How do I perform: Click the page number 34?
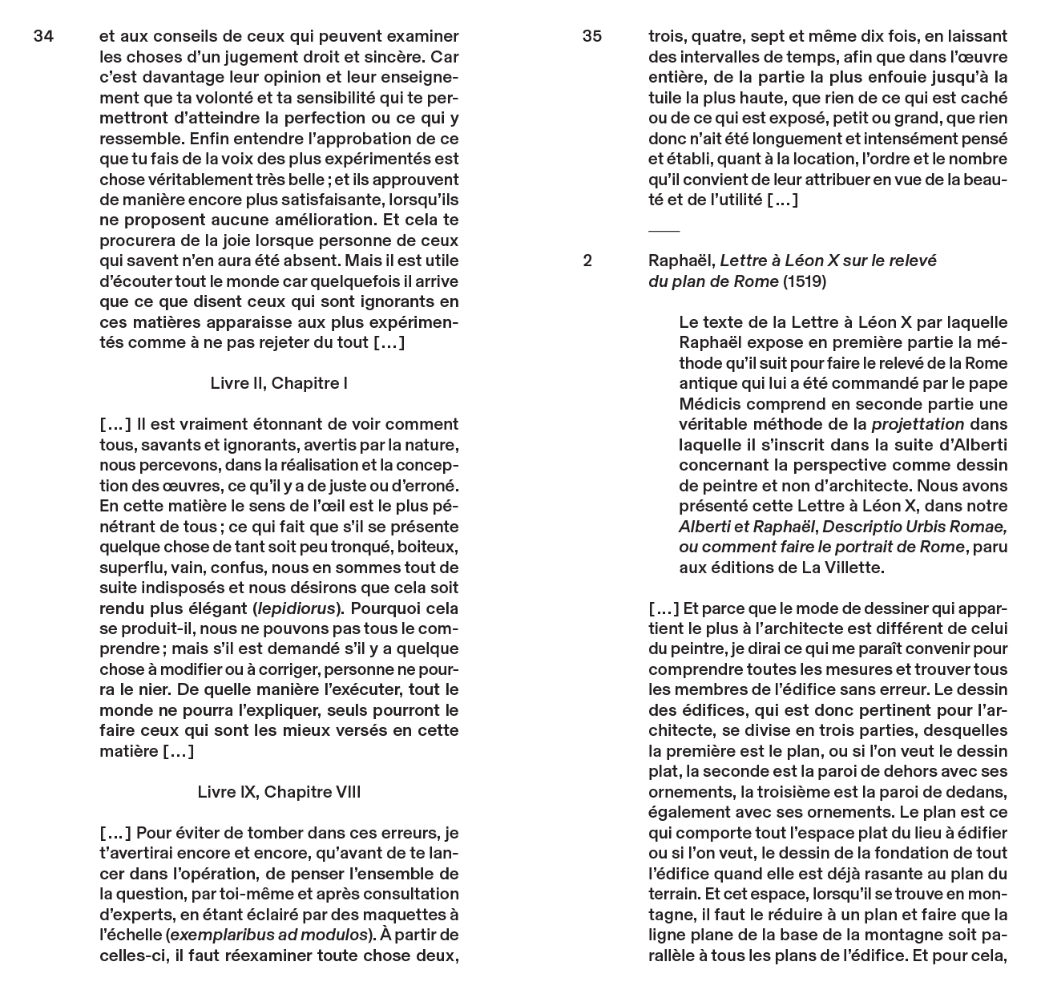pyautogui.click(x=43, y=36)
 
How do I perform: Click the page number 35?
pyautogui.click(x=592, y=36)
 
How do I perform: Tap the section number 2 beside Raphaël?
pyautogui.click(x=587, y=261)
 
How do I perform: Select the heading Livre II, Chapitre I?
pyautogui.click(x=279, y=383)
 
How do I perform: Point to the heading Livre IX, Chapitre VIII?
pyautogui.click(x=279, y=792)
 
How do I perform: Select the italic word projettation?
pyautogui.click(x=918, y=424)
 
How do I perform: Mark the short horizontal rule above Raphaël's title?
pyautogui.click(x=664, y=231)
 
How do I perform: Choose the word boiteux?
pyautogui.click(x=430, y=547)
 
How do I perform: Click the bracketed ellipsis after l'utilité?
pyautogui.click(x=782, y=200)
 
